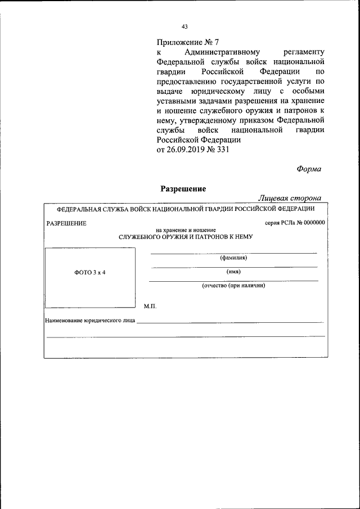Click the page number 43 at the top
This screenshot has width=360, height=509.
184,26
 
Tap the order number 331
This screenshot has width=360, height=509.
223,150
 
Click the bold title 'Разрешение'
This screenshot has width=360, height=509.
183,189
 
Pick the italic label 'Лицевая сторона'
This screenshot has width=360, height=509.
290,198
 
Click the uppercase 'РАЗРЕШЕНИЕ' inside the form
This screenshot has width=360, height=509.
66,223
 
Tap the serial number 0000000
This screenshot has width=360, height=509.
314,223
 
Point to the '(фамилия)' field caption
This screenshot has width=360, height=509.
233,258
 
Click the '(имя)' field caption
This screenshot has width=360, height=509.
233,272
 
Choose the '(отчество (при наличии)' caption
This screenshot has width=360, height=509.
233,285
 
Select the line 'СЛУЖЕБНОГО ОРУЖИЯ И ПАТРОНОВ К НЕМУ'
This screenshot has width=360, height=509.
186,237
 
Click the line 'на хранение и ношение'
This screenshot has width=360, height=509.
185,230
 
